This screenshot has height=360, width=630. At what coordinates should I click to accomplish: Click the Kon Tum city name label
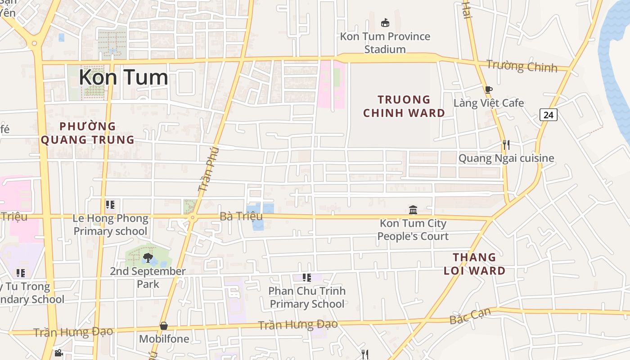coord(123,77)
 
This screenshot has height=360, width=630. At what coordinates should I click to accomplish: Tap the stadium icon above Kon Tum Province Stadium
coord(385,22)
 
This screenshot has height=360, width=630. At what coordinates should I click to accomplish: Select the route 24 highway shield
coord(548,115)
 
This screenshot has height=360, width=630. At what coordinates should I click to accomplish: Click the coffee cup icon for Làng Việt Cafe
coord(488,90)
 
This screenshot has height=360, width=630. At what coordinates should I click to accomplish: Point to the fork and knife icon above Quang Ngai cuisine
coord(506,145)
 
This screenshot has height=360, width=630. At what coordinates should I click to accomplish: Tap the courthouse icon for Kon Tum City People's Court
coord(413,210)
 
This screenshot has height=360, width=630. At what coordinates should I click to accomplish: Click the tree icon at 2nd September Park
coord(147,258)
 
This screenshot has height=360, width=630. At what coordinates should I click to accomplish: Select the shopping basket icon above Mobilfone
coord(164,325)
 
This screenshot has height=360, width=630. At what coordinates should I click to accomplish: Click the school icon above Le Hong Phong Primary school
coord(110,205)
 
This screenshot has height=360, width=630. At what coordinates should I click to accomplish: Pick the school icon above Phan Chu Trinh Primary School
coord(307,278)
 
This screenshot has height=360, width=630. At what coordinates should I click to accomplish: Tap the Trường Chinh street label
coord(522,66)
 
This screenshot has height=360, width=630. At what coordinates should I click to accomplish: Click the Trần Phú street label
coord(208,169)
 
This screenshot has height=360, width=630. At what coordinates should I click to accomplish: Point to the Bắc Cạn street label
coord(470,316)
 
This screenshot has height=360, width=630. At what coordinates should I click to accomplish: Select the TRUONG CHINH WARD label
coord(404,106)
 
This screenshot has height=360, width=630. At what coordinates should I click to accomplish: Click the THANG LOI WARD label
coord(474,264)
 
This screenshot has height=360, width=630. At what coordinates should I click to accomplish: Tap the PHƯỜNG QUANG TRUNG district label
coord(88,133)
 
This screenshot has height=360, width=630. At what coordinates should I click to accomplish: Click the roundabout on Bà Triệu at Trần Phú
coord(192,218)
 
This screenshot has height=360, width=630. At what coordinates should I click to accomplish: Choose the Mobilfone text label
coord(164,339)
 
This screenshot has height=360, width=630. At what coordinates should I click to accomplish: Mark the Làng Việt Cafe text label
coord(489,103)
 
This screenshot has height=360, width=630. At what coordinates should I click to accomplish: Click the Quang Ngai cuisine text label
coord(506,158)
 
